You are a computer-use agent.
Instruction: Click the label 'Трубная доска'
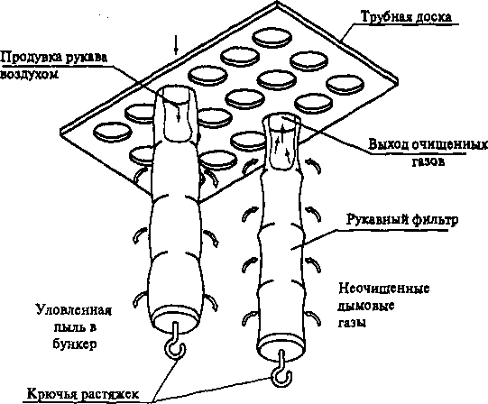point(406,17)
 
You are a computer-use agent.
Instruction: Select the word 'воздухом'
point(29,75)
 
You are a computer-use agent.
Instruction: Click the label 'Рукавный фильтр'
point(402,220)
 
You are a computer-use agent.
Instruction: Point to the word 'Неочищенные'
point(384,289)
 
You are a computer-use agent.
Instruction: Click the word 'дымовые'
point(366,306)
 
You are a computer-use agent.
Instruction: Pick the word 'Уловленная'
point(74,310)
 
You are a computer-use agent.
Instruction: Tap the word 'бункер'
point(75,344)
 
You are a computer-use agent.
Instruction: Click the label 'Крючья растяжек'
point(83,394)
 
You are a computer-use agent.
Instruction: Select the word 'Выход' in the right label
point(389,145)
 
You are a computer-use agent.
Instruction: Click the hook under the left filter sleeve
point(175,346)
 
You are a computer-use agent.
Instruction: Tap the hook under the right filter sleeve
point(281,372)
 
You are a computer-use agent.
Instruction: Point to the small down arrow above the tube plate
point(176,45)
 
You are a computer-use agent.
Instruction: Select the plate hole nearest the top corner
point(272,37)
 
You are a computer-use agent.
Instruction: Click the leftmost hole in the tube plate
point(113,132)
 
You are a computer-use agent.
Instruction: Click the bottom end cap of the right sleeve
point(281,346)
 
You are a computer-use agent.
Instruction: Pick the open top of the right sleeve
point(282,121)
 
